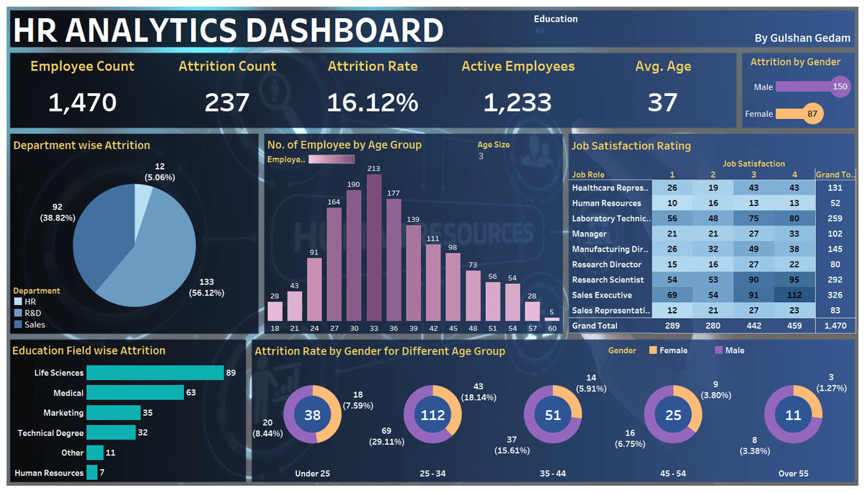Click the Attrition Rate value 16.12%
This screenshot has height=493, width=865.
(x=373, y=102)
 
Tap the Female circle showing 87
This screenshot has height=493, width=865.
(x=812, y=114)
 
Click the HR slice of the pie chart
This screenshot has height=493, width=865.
(x=143, y=197)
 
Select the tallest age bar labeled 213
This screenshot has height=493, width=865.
(x=373, y=247)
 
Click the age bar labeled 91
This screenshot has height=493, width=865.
(x=314, y=288)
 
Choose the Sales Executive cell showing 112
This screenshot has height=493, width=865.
(x=794, y=295)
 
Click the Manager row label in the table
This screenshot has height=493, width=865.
(x=590, y=234)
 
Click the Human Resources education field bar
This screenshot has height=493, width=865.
(x=92, y=473)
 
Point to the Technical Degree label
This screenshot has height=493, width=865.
(x=50, y=433)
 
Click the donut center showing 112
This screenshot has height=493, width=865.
(x=432, y=415)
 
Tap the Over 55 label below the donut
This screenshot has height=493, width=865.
(x=793, y=474)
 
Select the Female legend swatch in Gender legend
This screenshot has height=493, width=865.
(x=653, y=350)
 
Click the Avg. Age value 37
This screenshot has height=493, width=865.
(x=662, y=102)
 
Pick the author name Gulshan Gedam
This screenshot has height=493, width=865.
(x=802, y=37)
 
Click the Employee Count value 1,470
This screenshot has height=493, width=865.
(x=82, y=102)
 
